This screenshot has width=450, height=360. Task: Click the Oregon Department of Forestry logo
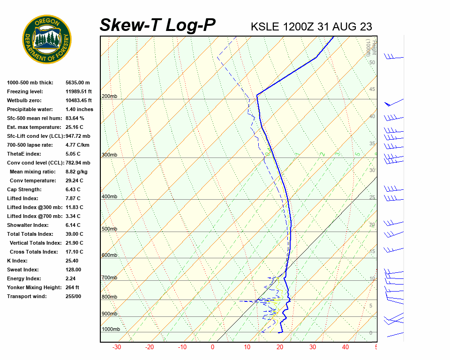pos(47,39)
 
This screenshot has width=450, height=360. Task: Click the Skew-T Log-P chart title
pos(157,25)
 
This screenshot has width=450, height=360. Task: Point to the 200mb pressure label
pos(109,97)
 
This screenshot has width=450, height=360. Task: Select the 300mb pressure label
pos(109,155)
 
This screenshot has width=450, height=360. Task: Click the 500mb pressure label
pos(109,229)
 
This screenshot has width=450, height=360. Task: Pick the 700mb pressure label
pos(109,278)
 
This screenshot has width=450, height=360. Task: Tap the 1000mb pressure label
pos(111,329)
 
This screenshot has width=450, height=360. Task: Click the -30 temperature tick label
pos(117,347)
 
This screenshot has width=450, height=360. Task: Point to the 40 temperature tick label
pos(345,347)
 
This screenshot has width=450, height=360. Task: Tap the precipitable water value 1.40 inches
pos(79,109)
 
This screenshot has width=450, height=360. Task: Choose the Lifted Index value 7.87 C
pos(74,198)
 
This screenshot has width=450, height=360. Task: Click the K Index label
pos(17,261)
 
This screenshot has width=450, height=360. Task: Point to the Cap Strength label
pos(24,189)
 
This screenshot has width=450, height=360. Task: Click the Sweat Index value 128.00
pos(74,270)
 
